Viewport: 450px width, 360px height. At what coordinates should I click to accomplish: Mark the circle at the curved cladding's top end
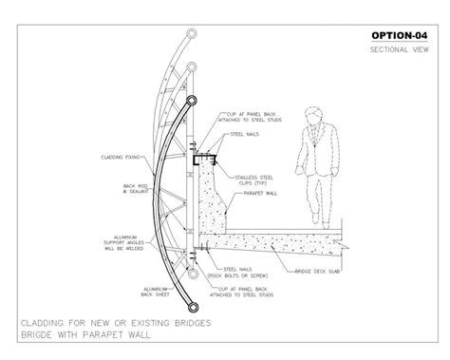click(193, 102)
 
